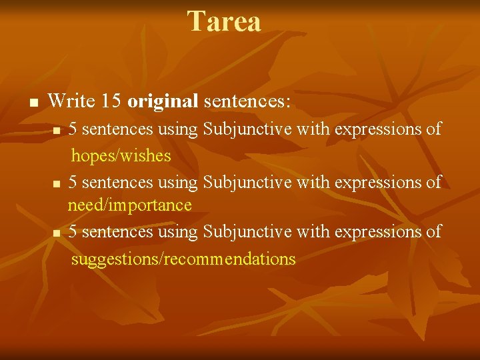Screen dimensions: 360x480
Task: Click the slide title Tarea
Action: (224, 21)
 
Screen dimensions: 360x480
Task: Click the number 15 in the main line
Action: (112, 101)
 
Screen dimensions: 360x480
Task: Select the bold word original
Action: (163, 101)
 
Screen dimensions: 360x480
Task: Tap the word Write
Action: (73, 101)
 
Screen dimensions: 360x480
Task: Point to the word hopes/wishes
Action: (121, 157)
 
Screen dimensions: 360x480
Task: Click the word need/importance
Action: (129, 205)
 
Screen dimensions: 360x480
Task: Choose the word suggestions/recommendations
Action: (183, 259)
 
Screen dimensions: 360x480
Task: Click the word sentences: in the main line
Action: (247, 101)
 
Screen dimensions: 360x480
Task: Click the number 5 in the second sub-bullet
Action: (72, 181)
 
